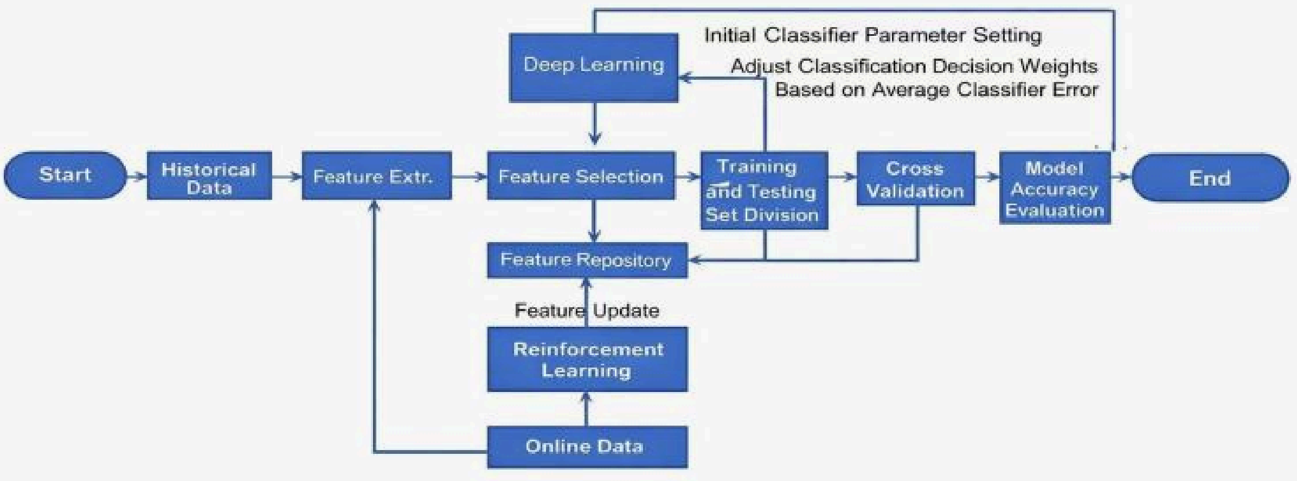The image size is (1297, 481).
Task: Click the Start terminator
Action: coord(65,175)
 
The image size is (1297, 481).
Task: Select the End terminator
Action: coord(1210,178)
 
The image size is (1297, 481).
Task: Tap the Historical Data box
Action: coord(209,176)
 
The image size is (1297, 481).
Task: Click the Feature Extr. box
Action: coord(376,176)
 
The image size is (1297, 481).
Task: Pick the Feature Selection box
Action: coord(581,176)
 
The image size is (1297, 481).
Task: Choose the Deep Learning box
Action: coord(594,67)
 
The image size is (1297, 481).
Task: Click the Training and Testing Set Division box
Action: coord(764,191)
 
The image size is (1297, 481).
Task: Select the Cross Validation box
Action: coord(915,179)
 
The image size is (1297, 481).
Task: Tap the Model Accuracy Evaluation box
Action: coord(1055,188)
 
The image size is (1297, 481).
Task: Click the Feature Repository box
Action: coord(587,260)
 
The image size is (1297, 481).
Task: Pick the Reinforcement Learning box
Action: coord(587,359)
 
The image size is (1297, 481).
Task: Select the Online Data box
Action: coord(587,447)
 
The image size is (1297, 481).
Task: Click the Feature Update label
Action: coord(587,311)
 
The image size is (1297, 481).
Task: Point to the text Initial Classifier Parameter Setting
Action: coord(872,36)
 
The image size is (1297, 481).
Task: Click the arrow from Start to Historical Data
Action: coord(137,176)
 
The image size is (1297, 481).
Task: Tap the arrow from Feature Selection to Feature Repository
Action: coord(595,221)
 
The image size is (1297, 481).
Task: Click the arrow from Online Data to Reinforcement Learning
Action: coord(586,409)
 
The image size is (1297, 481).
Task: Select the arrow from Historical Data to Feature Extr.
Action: coord(287,176)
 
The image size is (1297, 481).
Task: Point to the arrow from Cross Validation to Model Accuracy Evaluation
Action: coord(987,176)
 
